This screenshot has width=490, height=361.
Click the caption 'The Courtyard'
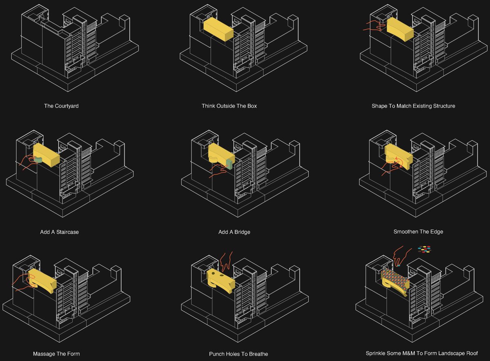61,106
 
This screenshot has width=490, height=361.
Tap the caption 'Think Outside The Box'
229,106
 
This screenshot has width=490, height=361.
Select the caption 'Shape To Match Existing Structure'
413,106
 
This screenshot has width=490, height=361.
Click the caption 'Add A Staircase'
59,232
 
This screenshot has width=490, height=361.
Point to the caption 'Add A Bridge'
234,232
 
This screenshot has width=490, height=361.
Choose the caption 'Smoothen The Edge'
418,232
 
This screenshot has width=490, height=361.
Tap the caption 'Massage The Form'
56,354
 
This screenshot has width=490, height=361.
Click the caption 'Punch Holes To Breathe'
238,354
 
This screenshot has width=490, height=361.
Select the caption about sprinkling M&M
422,353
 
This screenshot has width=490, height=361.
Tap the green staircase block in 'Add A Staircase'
38,160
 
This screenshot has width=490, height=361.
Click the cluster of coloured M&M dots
424,250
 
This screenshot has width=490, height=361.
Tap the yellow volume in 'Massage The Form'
42,281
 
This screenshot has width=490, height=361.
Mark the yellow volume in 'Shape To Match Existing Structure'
400,29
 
